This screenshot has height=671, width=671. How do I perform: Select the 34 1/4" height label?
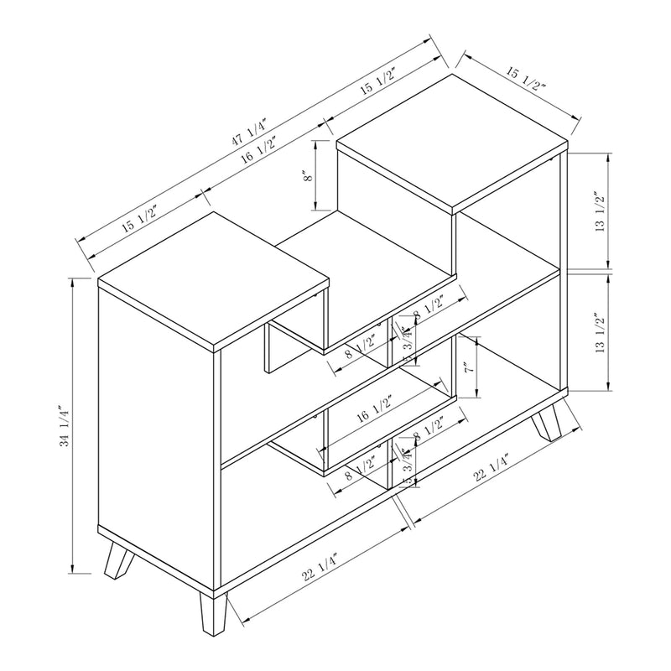(65, 427)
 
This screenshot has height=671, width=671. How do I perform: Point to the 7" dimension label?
(469, 367)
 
